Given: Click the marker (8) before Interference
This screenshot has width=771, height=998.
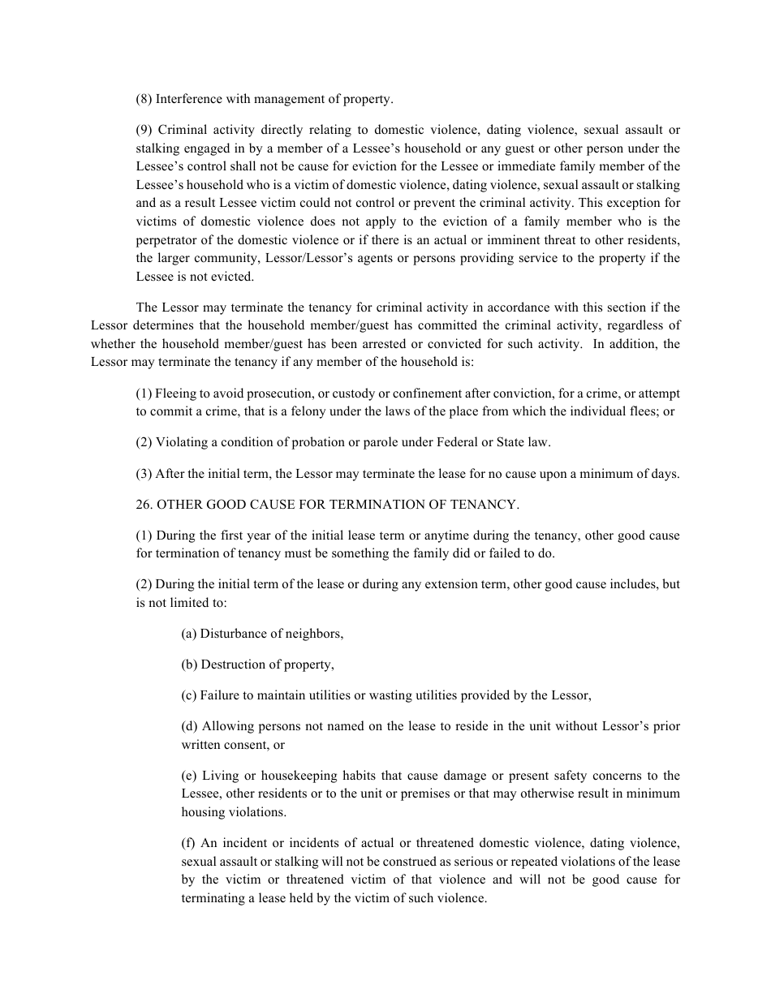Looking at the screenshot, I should point(144,99).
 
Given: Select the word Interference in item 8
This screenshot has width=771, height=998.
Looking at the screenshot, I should point(187,99).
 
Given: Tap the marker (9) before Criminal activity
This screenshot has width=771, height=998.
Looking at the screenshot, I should point(144,130).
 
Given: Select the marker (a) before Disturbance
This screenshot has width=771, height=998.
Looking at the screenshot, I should point(189,634).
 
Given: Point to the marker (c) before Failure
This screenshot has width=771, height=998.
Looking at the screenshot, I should point(189,695).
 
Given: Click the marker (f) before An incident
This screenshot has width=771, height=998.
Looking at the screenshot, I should point(188,844).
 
